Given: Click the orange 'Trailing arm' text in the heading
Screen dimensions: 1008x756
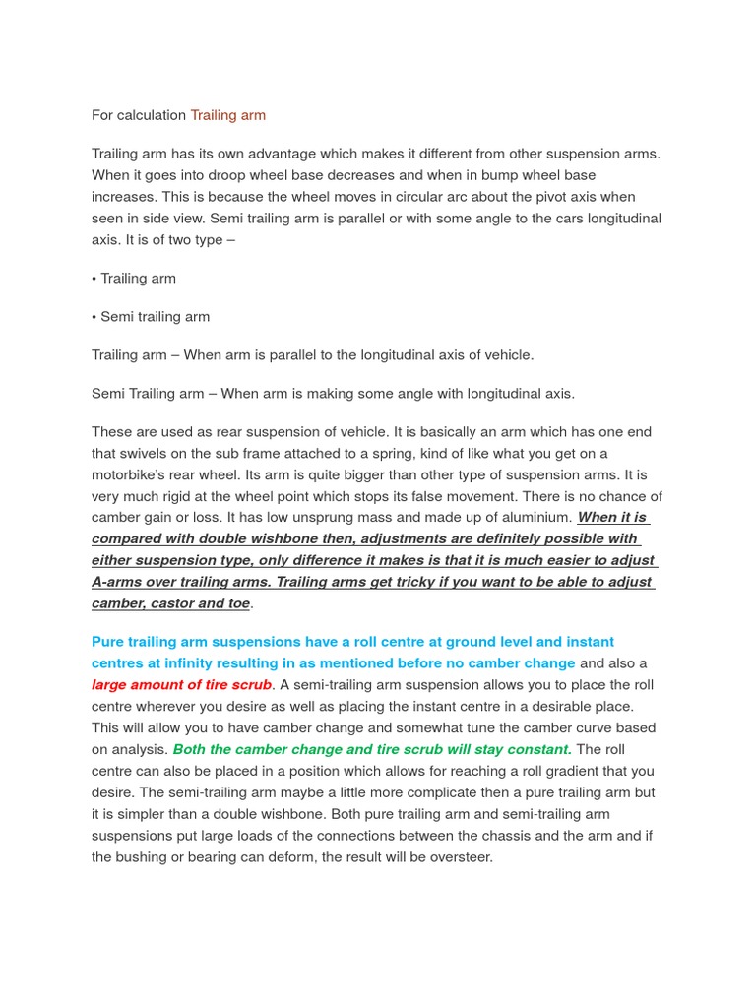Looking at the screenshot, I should click(x=227, y=115).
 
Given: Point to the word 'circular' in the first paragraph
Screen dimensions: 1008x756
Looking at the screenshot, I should click(x=413, y=197).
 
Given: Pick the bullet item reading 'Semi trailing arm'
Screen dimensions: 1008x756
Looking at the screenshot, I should click(x=155, y=317).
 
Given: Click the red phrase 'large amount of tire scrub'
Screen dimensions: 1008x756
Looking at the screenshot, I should click(x=181, y=685).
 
